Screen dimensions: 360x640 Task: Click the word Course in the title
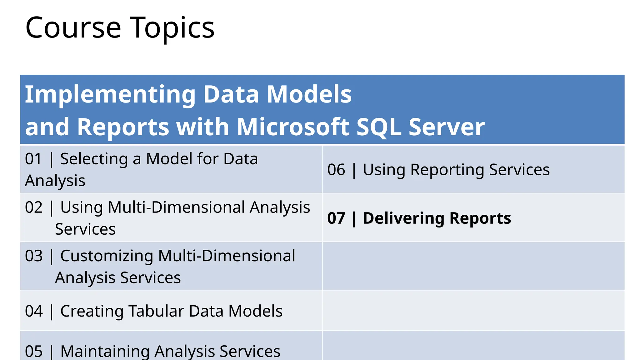point(73,28)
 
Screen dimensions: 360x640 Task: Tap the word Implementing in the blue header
point(110,95)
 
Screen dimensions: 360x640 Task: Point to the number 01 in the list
point(33,159)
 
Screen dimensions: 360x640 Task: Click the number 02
point(33,207)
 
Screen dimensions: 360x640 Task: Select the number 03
point(33,256)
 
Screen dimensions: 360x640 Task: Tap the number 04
point(33,311)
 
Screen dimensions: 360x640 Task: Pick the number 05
point(33,351)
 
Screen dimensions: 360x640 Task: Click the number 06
point(336,170)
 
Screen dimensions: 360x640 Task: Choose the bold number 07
point(336,218)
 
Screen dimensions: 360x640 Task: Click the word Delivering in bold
point(403,218)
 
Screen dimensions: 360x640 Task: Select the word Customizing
point(107,256)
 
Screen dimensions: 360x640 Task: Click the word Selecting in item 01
point(94,159)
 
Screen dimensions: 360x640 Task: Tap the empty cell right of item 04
point(473,311)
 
